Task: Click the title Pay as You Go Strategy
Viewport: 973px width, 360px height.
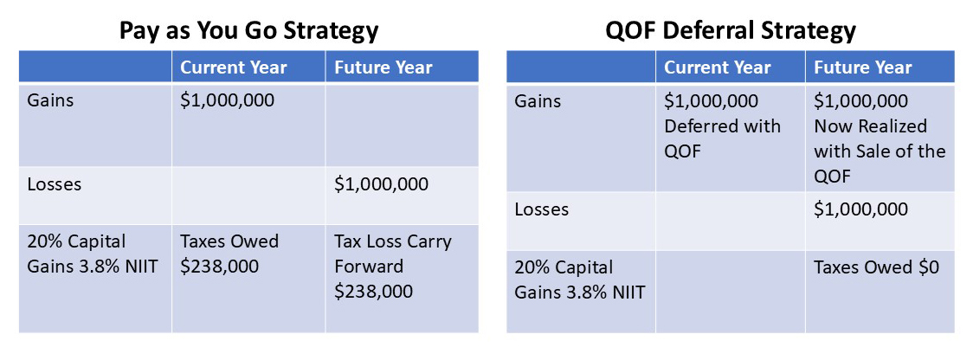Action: tap(248, 30)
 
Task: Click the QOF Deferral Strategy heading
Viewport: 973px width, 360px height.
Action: tap(731, 30)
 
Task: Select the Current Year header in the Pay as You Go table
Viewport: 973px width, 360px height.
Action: tap(233, 67)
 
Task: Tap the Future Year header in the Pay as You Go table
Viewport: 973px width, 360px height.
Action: tap(383, 67)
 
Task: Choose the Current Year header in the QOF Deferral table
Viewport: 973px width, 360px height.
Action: tap(718, 67)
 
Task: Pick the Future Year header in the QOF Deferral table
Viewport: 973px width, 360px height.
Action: tap(863, 67)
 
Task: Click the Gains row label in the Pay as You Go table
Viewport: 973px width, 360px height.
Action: tap(50, 100)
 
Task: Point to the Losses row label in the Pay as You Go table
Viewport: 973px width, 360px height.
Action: tap(55, 184)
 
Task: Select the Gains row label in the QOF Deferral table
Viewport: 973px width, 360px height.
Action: tap(537, 101)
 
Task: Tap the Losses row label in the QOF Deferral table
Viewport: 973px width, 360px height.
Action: tap(541, 209)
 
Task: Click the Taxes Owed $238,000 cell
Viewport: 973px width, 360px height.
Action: tap(229, 254)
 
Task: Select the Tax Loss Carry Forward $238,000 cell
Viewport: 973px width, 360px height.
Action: tap(393, 267)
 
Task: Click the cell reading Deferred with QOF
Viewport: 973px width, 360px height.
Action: tap(722, 126)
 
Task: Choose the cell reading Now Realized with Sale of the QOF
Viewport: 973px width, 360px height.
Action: tap(880, 138)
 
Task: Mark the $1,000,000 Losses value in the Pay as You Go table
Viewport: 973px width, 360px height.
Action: tap(381, 184)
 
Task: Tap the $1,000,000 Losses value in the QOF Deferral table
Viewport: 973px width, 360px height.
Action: tap(861, 209)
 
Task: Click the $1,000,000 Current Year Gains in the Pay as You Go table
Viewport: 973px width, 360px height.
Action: tap(227, 100)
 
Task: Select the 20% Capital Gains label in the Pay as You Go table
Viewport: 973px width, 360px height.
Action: tap(92, 254)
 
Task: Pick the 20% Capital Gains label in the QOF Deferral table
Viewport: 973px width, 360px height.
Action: tap(579, 280)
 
